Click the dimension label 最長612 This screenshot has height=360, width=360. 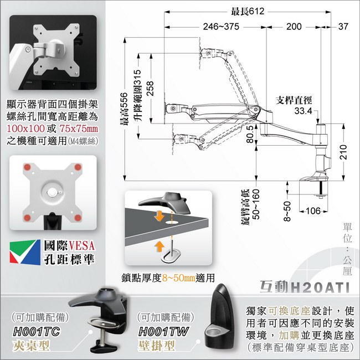point(248,11)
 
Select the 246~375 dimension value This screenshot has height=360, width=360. point(221,27)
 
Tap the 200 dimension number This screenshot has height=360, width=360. point(294,27)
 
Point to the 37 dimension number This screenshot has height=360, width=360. point(343,27)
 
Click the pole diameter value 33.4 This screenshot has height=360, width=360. point(303,111)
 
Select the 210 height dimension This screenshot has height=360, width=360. point(343,152)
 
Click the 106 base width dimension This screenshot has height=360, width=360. point(313,211)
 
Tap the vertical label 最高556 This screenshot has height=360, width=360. point(124,109)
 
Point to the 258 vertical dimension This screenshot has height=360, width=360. point(150,89)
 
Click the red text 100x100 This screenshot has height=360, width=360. point(25,128)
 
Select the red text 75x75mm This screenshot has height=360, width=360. point(79,128)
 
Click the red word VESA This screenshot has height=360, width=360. point(82,245)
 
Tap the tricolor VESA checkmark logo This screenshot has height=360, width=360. point(25,252)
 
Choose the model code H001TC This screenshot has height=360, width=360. point(37,332)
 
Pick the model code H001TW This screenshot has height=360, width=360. point(163,332)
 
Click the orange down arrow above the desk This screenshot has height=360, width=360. point(159,215)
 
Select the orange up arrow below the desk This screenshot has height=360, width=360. point(160,246)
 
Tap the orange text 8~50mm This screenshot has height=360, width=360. point(179,278)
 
